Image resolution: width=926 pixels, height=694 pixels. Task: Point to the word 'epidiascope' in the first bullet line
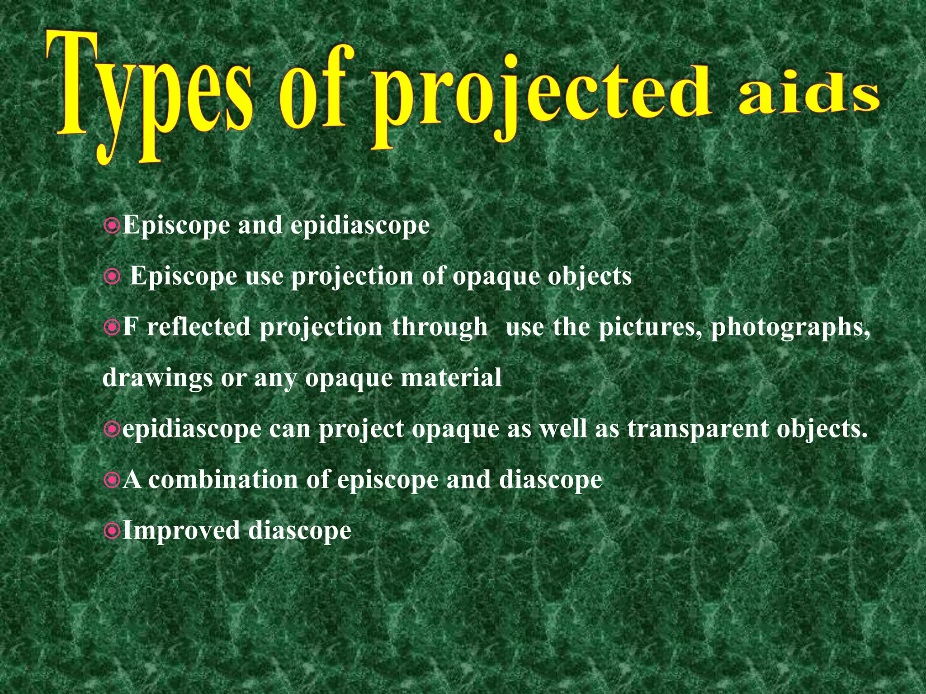click(360, 225)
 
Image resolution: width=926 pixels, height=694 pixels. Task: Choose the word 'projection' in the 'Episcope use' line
click(352, 277)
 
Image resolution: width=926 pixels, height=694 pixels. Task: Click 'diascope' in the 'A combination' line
click(550, 480)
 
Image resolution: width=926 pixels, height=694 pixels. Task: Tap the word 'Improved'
click(181, 530)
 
